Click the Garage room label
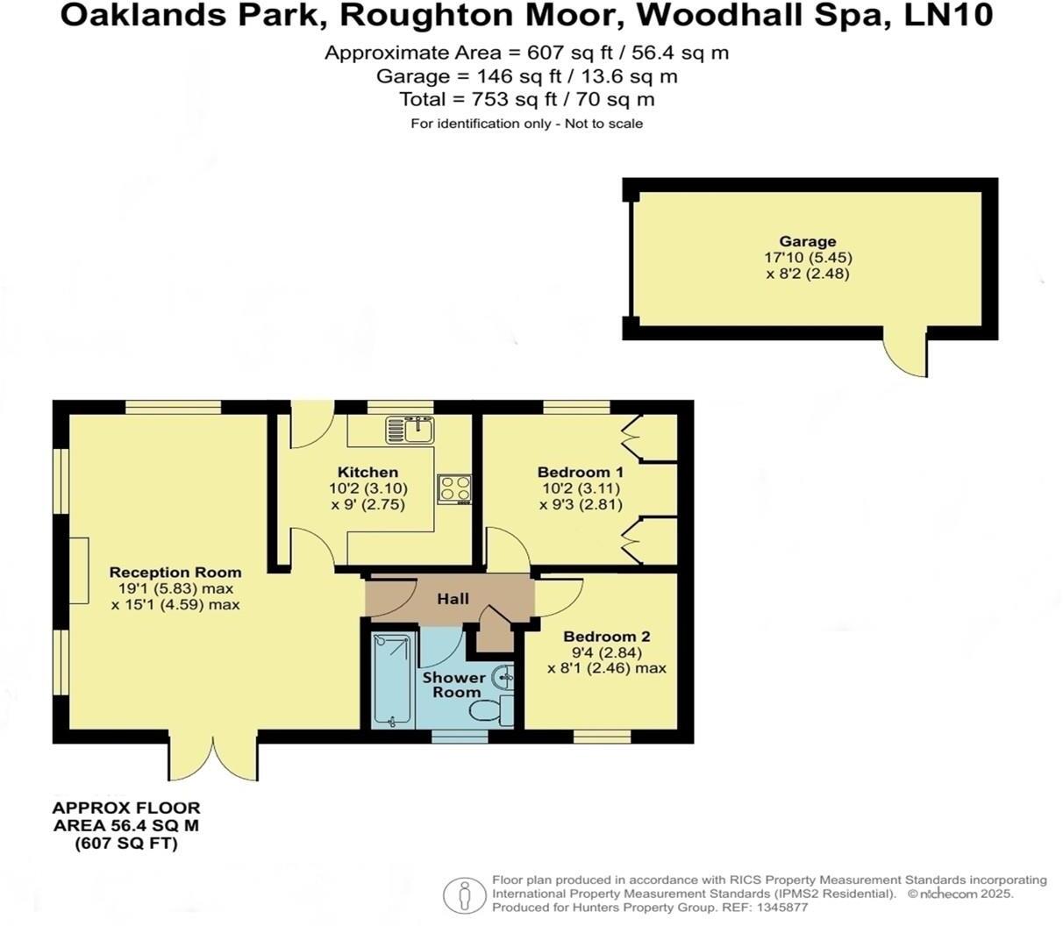click(807, 241)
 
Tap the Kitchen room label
click(367, 472)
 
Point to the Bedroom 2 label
click(606, 637)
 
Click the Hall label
click(453, 599)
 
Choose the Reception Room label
click(175, 573)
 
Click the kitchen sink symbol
click(410, 429)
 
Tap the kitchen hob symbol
click(455, 488)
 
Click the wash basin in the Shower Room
click(503, 677)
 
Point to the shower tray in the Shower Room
click(390, 680)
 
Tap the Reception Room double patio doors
click(213, 757)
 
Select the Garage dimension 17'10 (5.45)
click(807, 258)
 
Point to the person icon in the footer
click(464, 895)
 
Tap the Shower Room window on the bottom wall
click(460, 737)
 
